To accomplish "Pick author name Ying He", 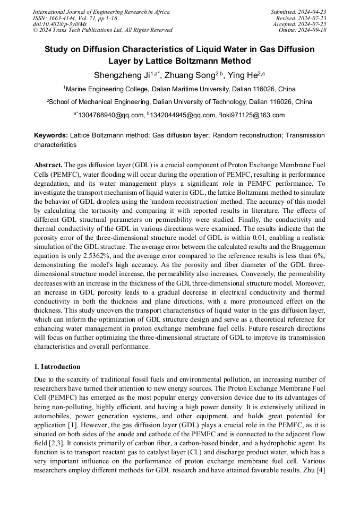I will pos(242,75).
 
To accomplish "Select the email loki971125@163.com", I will pos(253,115).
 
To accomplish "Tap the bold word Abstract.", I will pos(48,165).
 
